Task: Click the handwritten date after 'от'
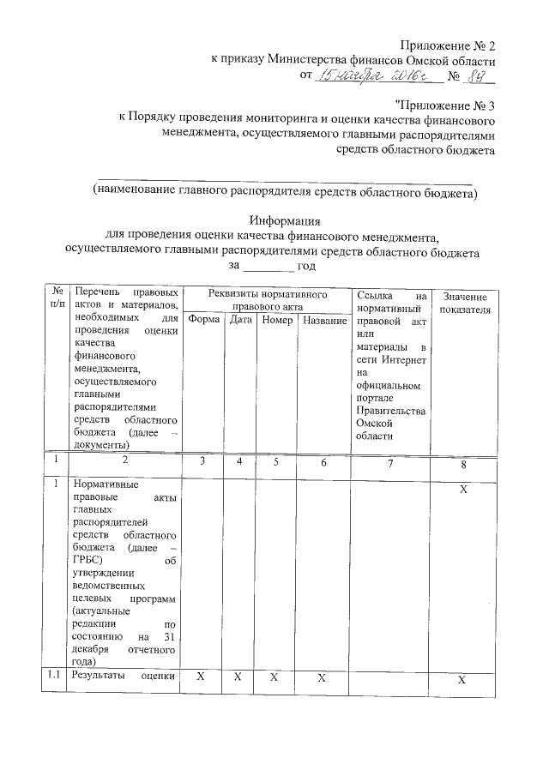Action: [x=377, y=77]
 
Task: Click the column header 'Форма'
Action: [x=204, y=320]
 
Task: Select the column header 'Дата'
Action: [x=241, y=320]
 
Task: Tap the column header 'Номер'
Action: [x=277, y=320]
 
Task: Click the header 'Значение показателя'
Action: [x=464, y=302]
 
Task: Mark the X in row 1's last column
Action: [x=463, y=489]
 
